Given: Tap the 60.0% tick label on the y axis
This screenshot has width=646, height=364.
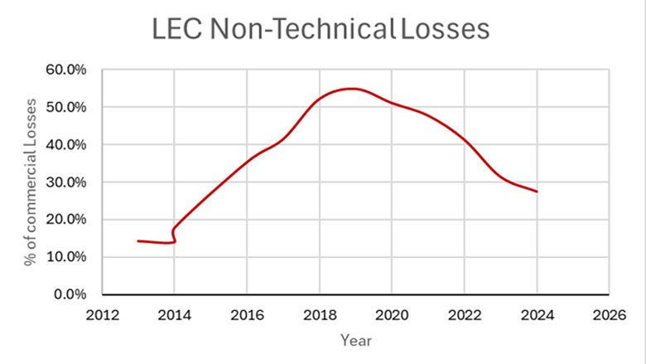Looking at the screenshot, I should coord(65,70).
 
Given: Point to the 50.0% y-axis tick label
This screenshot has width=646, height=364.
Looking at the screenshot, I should coord(65,108).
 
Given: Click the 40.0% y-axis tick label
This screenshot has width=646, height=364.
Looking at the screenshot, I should coord(65,145).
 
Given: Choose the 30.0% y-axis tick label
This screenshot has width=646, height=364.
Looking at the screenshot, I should coord(65,182).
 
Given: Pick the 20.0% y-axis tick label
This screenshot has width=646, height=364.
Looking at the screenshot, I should coord(65,220).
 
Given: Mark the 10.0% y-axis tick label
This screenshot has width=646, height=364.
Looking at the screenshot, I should coord(65,257).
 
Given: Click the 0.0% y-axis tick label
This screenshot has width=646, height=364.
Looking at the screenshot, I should coord(69,294).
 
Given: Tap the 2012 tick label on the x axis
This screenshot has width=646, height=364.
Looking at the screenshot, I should coord(101,314).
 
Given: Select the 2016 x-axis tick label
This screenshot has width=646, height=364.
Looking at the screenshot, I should coord(246,314).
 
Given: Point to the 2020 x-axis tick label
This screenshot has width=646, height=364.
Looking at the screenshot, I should coord(392,314).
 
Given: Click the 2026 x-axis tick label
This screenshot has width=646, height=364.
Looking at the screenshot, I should coord(610,314).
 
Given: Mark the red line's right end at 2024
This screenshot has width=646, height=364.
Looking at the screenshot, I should coord(537,192).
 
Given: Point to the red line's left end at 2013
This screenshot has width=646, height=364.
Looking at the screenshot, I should coord(138,240).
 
